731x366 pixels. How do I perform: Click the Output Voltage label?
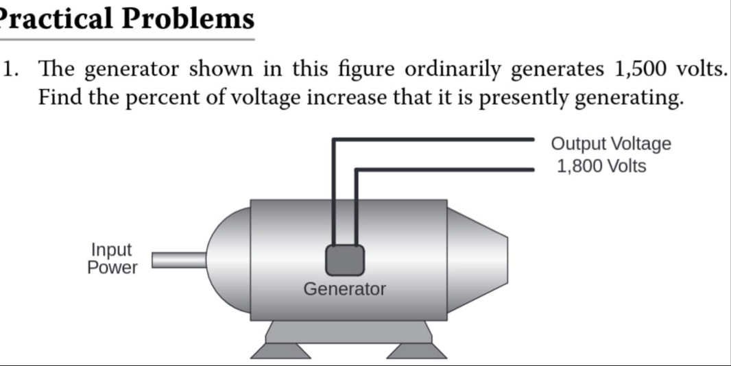(x=611, y=144)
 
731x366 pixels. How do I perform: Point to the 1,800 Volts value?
(x=601, y=166)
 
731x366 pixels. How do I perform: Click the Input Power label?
(x=112, y=259)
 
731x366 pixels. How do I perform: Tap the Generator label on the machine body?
(x=344, y=289)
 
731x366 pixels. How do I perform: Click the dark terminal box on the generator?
(x=344, y=260)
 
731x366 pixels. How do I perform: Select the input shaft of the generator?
(x=178, y=259)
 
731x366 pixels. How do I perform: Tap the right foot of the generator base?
(x=416, y=350)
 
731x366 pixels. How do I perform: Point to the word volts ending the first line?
(x=701, y=69)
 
